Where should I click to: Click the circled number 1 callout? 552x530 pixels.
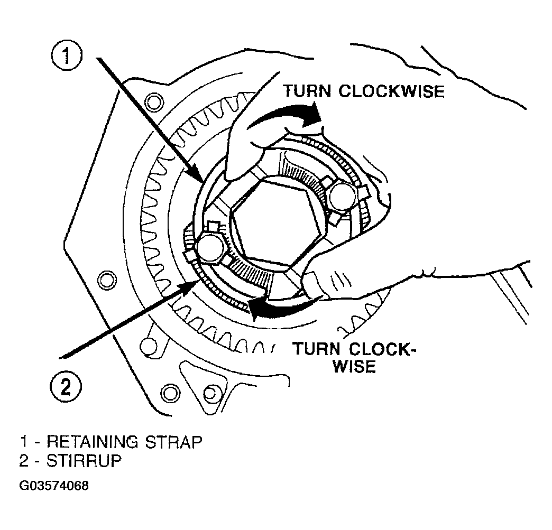click(67, 57)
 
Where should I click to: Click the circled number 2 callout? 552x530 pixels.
click(66, 387)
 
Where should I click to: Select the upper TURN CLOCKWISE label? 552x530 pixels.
click(364, 91)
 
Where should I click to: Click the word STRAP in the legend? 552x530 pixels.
click(173, 442)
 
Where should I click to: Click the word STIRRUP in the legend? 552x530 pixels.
click(84, 461)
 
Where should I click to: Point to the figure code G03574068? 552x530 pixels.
click(54, 486)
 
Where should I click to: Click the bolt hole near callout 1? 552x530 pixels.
click(155, 103)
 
